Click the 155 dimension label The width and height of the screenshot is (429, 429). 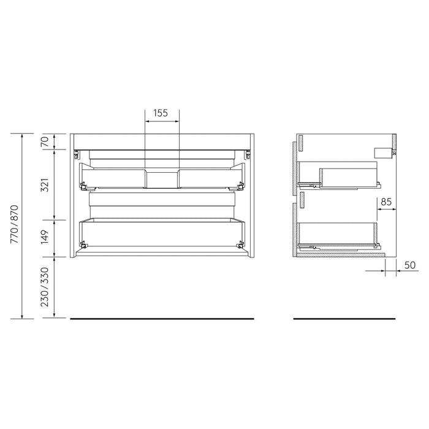(161, 113)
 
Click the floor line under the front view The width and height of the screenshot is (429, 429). (162, 319)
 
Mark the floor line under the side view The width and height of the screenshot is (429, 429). (344, 319)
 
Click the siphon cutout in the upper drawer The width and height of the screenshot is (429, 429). (162, 178)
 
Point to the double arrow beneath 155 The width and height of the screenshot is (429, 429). (162, 121)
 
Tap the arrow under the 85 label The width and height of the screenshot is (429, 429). (386, 209)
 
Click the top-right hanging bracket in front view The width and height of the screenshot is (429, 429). (247, 153)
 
